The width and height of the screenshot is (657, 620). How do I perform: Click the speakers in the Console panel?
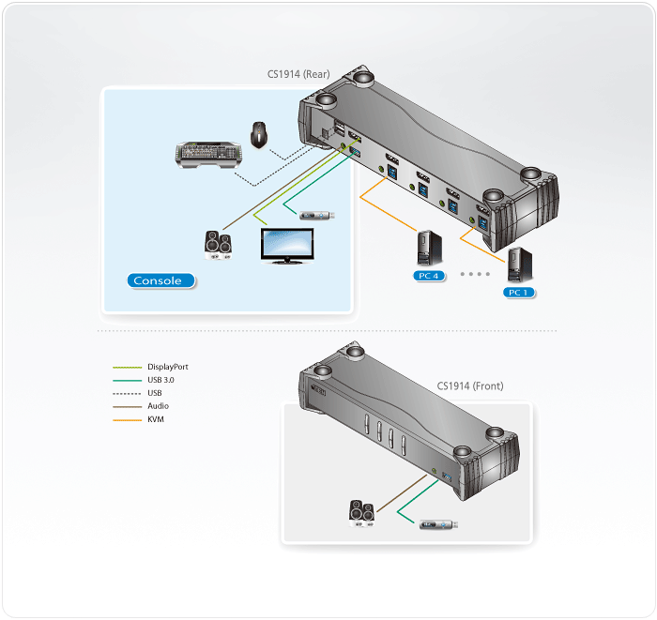(219, 244)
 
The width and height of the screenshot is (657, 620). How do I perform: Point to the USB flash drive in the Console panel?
(316, 215)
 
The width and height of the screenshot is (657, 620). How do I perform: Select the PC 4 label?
(431, 276)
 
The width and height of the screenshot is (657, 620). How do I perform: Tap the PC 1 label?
(517, 293)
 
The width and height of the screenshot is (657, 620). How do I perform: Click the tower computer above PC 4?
(428, 249)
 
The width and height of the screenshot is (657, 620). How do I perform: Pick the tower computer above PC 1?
(516, 265)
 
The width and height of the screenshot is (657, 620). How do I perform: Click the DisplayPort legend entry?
(169, 367)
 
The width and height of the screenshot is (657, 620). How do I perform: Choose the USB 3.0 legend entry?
(160, 380)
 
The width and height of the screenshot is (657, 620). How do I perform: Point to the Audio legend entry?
(158, 406)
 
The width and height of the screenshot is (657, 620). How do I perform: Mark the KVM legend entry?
(156, 419)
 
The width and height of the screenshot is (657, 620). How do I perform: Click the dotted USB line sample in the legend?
(127, 393)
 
